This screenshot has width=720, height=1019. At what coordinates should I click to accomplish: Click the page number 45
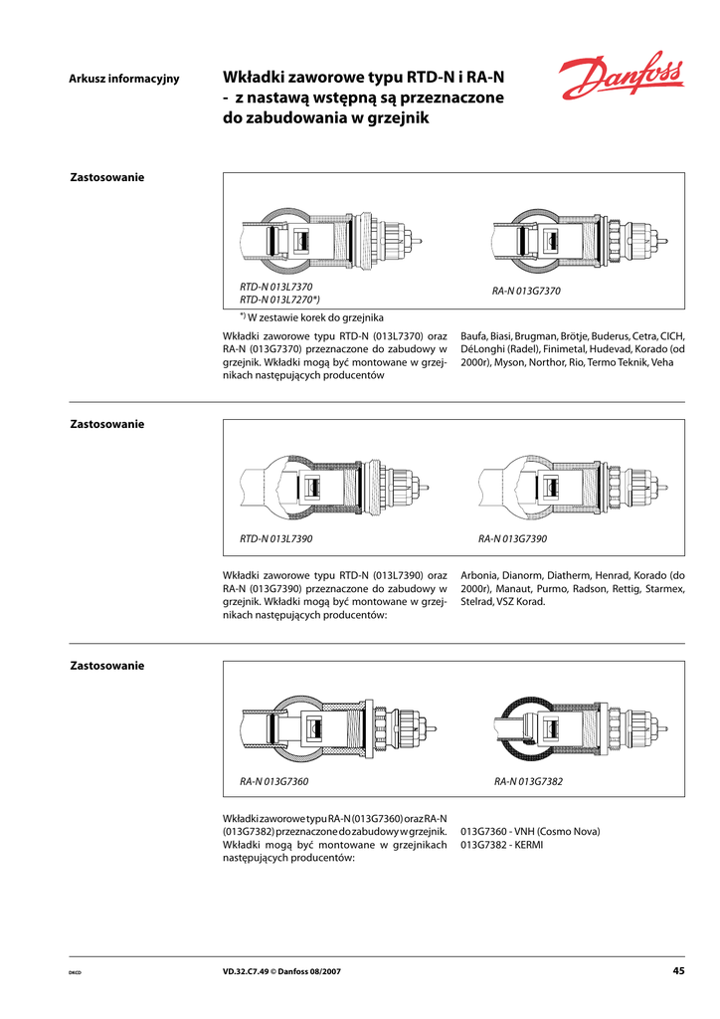pos(678,971)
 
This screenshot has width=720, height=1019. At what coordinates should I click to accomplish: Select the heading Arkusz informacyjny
pos(123,79)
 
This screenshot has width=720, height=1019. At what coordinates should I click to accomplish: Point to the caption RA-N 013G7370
pos(527,292)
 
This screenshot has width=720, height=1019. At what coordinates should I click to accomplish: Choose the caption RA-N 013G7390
pos(513,538)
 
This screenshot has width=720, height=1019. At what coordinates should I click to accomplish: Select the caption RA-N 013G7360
pos(274,781)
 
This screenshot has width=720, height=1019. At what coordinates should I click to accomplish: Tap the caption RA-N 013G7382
pos(528,781)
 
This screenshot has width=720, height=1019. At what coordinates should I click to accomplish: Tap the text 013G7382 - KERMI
pos(502,845)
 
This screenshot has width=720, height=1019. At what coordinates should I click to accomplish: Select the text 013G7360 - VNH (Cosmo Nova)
pos(530,831)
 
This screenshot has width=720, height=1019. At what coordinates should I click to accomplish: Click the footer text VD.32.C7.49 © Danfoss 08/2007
pos(281,972)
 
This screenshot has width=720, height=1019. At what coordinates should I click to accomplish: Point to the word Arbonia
pos(481,575)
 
